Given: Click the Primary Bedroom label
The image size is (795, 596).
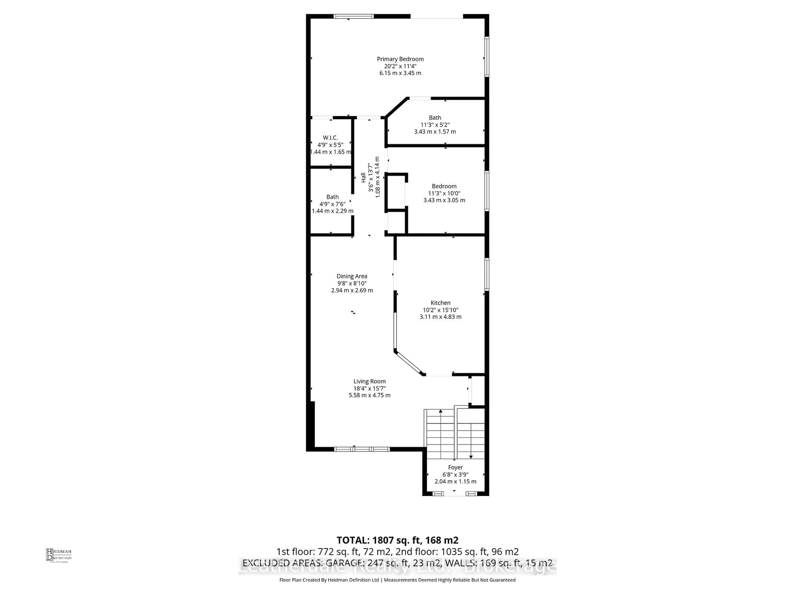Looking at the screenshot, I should [x=400, y=59].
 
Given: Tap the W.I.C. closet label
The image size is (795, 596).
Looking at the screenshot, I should [x=330, y=138].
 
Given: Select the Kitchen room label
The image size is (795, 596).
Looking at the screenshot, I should [x=440, y=303].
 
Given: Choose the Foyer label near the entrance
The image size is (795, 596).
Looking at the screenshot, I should [x=455, y=467].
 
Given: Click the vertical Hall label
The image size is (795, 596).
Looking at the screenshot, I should [x=363, y=178].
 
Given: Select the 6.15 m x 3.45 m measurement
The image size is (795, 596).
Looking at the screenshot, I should [x=400, y=73].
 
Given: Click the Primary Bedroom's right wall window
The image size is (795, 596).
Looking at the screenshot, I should [x=487, y=57].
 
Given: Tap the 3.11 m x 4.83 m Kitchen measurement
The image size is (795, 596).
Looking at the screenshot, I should [x=440, y=317].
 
